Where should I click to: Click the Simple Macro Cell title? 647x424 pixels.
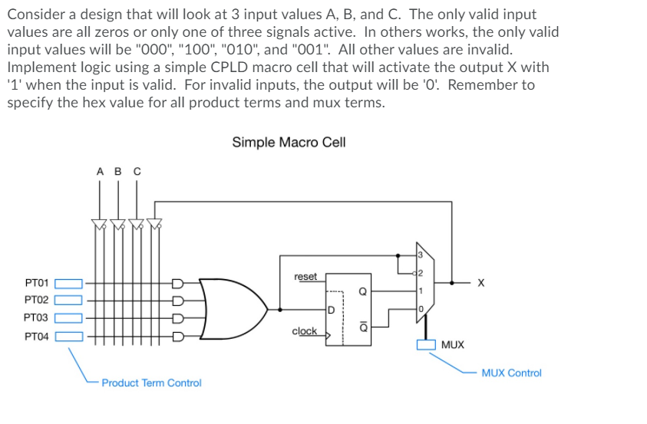point(289,142)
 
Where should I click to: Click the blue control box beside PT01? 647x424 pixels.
point(68,283)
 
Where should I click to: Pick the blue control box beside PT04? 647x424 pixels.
point(68,335)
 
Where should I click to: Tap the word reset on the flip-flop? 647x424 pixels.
point(305,276)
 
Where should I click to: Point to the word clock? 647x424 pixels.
point(304,331)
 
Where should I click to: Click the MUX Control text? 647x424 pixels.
point(511,373)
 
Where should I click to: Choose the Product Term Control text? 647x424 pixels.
point(151,383)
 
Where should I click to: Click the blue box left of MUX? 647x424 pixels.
point(426,344)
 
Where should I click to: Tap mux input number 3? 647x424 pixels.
point(420,255)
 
